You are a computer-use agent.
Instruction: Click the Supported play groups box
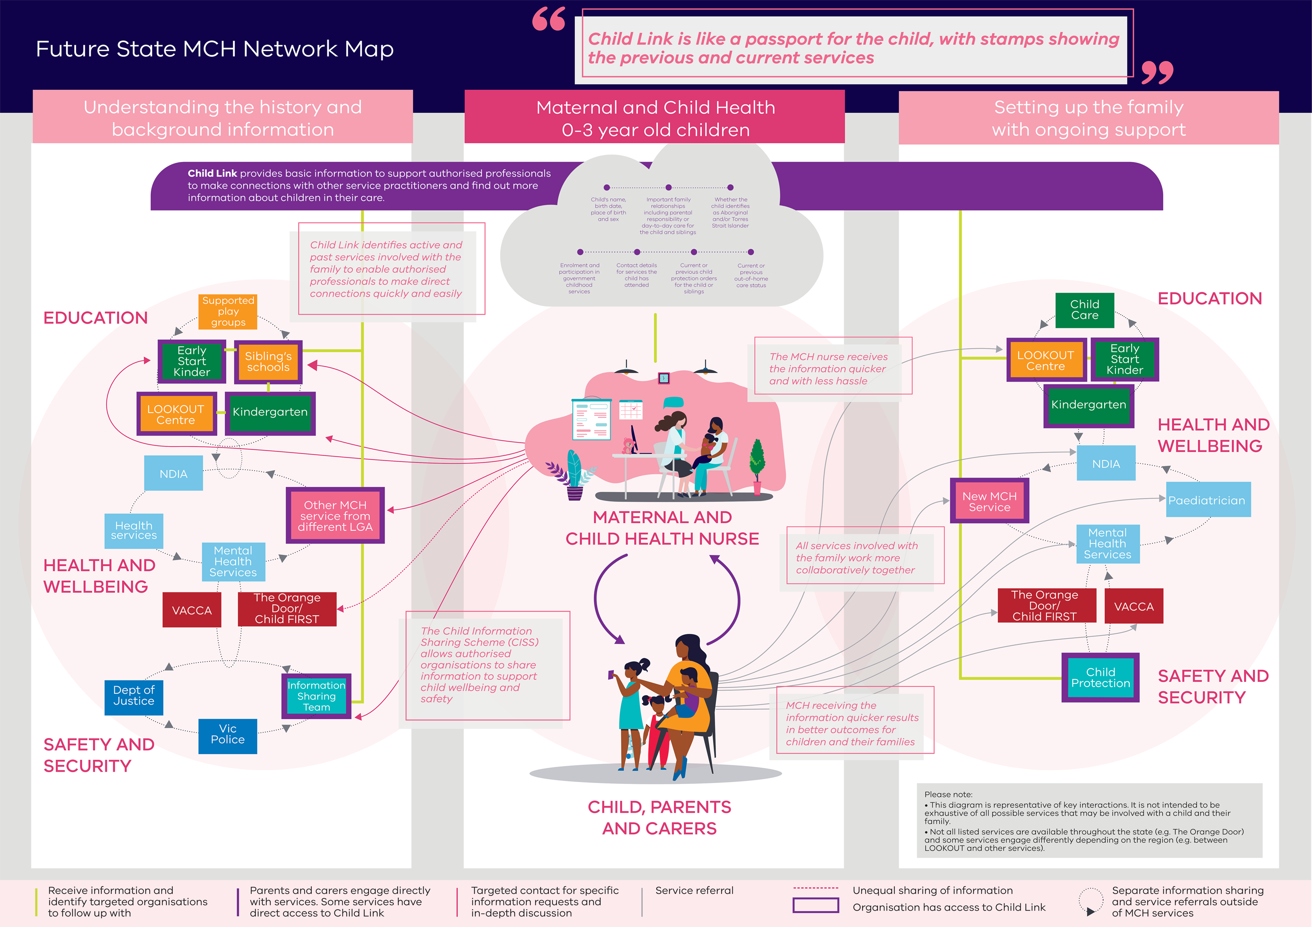pos(228,312)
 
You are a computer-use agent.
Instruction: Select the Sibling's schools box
pos(268,362)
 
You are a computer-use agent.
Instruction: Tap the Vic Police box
pos(228,735)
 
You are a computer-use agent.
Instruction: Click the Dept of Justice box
pos(134,697)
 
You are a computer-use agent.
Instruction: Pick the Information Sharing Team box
pos(316,696)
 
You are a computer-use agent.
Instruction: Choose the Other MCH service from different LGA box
pos(335,516)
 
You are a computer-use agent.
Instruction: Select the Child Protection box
pos(1100,678)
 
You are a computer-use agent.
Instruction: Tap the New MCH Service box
pos(989,501)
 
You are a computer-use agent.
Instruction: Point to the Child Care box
pos(1084,310)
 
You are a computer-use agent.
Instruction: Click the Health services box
pos(134,530)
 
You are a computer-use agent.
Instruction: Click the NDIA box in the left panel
pos(173,474)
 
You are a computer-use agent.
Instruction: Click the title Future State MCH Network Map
pos(214,49)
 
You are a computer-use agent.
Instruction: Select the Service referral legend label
pos(694,891)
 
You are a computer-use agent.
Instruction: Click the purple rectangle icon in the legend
pos(816,905)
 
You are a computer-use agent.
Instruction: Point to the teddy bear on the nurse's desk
pos(628,445)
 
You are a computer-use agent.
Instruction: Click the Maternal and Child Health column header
pos(655,119)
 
